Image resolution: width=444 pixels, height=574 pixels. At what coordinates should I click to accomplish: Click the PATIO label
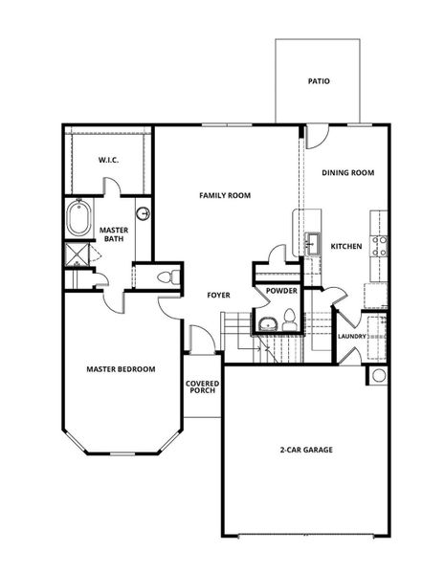[x=319, y=81]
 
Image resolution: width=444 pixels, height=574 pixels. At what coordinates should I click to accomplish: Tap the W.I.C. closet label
[x=107, y=161]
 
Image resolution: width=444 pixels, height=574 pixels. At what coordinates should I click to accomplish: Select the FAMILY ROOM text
[x=225, y=195]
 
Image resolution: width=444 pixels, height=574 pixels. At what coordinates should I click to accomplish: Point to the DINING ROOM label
[x=347, y=173]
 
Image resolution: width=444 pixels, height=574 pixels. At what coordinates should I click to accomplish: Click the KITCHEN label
[x=346, y=247]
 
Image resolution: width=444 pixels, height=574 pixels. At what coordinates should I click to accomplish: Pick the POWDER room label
[x=281, y=291]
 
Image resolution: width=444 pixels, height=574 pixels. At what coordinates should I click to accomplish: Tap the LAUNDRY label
[x=353, y=336]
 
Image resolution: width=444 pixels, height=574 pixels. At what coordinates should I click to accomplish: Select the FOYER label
[x=219, y=295]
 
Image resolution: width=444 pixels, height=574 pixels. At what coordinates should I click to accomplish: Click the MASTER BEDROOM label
[x=121, y=369]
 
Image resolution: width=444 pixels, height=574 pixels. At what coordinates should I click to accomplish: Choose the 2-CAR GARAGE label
[x=306, y=451]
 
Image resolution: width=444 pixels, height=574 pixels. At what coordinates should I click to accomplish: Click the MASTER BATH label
[x=116, y=232]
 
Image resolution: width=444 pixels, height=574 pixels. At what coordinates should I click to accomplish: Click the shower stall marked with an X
[x=75, y=254]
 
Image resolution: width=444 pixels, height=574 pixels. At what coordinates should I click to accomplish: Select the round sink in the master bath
[x=144, y=213]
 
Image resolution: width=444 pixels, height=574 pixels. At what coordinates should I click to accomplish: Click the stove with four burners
[x=380, y=247]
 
